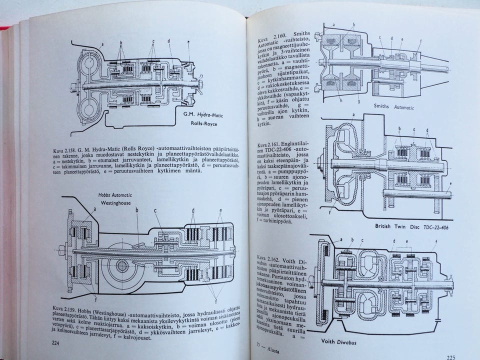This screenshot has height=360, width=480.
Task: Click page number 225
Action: (x=450, y=357)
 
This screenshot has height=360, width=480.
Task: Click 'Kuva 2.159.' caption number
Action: (x=64, y=304)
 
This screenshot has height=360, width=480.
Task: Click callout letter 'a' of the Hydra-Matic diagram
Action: (x=102, y=44)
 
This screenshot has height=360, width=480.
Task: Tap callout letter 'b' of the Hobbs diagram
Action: (x=136, y=211)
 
